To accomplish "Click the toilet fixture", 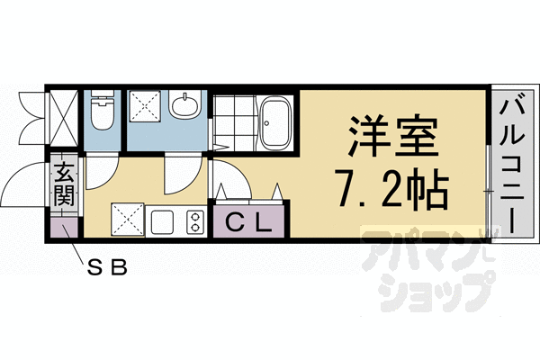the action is pyautogui.click(x=102, y=112).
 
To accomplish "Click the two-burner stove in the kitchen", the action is pyautogui.click(x=193, y=220).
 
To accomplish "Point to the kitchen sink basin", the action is pyautogui.click(x=163, y=220).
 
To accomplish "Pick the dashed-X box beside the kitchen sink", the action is pyautogui.click(x=127, y=220).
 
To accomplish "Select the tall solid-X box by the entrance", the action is pyautogui.click(x=63, y=121).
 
